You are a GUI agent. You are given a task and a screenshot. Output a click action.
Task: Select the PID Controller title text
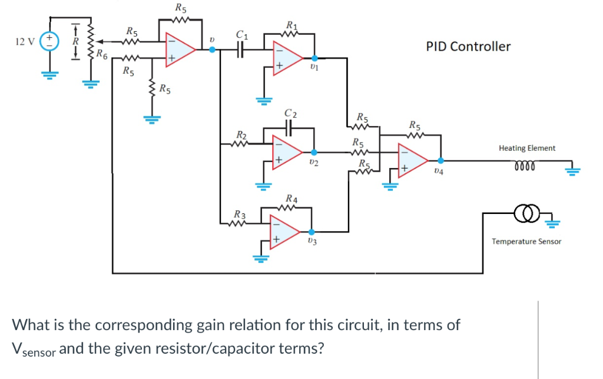click(468, 47)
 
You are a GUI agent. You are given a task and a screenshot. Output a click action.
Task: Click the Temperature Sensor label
click(526, 242)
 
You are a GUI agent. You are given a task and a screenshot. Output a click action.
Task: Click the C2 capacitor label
click(290, 113)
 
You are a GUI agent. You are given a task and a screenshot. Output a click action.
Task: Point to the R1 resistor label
click(291, 25)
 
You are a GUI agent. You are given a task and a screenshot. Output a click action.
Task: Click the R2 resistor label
click(241, 135)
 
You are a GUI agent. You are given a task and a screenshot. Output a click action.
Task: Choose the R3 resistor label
click(240, 213)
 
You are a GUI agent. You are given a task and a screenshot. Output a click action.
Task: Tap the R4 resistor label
click(291, 199)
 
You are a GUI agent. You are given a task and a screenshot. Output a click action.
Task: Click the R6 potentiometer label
click(102, 56)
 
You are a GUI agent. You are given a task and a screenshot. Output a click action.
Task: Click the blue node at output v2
click(314, 152)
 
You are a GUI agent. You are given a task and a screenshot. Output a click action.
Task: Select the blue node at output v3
click(312, 232)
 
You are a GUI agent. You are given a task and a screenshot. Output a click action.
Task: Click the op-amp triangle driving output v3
click(285, 231)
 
